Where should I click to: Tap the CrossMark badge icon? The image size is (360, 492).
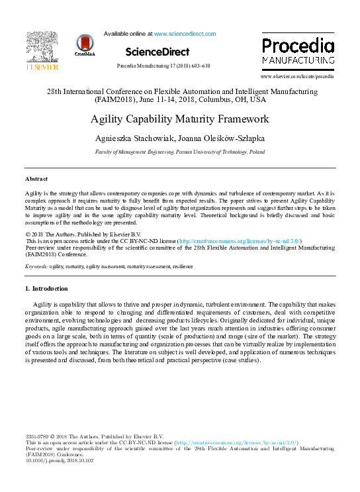pyautogui.click(x=85, y=46)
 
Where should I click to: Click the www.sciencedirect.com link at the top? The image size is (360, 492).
pyautogui.click(x=185, y=33)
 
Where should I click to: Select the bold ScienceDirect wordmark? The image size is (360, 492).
pyautogui.click(x=157, y=52)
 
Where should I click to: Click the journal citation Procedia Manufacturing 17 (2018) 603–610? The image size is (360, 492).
pyautogui.click(x=163, y=66)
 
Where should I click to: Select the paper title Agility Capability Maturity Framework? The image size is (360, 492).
pyautogui.click(x=179, y=120)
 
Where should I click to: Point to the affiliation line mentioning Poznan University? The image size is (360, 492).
pyautogui.click(x=179, y=152)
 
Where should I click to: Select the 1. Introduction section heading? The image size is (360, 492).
pyautogui.click(x=46, y=289)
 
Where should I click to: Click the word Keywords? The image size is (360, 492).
pyautogui.click(x=36, y=266)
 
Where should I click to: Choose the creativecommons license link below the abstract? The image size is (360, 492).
pyautogui.click(x=240, y=241)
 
